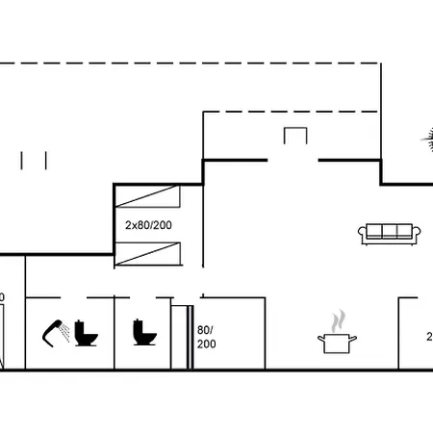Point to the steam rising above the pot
[x=337, y=318]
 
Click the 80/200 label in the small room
[x=205, y=337]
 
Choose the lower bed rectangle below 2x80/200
[x=147, y=255]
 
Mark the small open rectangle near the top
[x=295, y=136]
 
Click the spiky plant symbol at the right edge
[x=426, y=140]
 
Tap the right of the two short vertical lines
[x=45, y=159]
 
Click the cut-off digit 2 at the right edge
[x=429, y=337]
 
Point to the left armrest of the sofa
[x=363, y=234]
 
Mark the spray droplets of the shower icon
[x=63, y=333]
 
